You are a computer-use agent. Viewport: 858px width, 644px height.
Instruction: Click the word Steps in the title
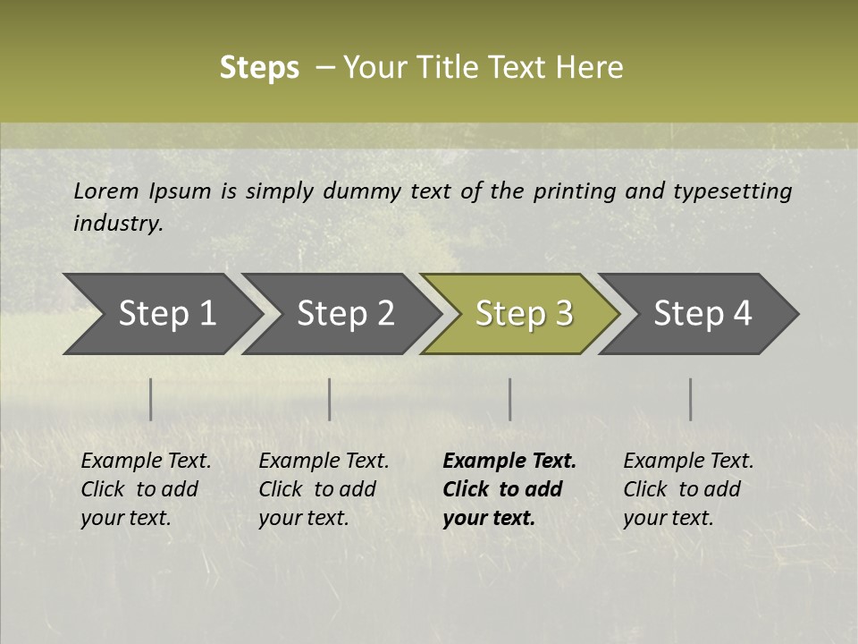[x=259, y=68]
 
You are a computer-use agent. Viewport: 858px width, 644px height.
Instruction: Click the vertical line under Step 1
[x=151, y=399]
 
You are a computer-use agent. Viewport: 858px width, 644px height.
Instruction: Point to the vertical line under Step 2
[x=330, y=399]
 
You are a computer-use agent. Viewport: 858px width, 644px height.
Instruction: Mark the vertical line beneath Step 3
[x=510, y=399]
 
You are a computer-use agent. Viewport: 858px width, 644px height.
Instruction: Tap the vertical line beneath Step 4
[x=691, y=399]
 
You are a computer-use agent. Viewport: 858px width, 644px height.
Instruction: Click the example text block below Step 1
[x=145, y=489]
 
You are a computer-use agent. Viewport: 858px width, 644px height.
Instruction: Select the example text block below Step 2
[x=323, y=489]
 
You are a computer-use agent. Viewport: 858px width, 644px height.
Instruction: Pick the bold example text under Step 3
[x=509, y=489]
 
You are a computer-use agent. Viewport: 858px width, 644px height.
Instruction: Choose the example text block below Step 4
[x=687, y=489]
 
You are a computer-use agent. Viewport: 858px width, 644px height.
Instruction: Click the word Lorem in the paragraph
[x=106, y=191]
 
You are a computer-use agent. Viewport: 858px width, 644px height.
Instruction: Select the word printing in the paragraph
[x=575, y=191]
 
